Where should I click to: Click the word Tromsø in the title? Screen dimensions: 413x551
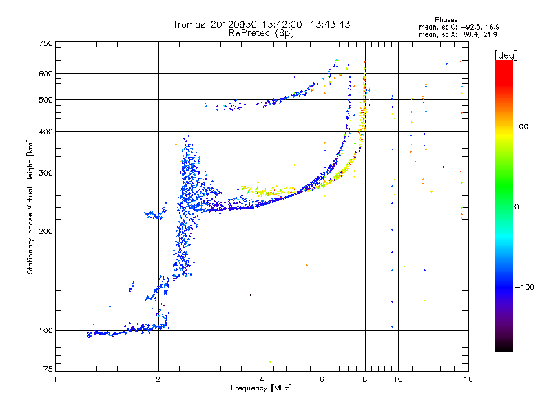pos(190,24)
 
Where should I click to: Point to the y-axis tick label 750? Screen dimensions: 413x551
pos(45,43)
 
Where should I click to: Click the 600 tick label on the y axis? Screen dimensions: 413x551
pos(45,74)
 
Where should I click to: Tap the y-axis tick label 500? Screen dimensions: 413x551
pos(45,100)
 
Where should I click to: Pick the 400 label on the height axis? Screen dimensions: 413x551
pos(45,132)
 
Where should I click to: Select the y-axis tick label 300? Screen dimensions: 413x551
pos(45,173)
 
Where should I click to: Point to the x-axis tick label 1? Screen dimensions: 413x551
pos(56,379)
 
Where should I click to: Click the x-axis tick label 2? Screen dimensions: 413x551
pos(158,379)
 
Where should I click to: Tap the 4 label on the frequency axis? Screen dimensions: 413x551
pos(262,379)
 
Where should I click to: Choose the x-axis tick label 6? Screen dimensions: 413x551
pos(322,379)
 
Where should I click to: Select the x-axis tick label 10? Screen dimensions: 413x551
pos(397,379)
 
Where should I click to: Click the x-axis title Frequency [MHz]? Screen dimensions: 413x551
pos(261,388)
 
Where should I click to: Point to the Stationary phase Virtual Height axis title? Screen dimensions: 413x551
pos(30,206)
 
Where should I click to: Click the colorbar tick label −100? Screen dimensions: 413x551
pos(526,287)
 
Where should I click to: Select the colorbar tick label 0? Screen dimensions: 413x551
pos(518,206)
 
